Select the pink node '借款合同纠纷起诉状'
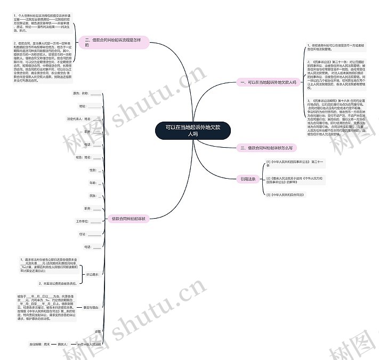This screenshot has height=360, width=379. pyautogui.click(x=128, y=219)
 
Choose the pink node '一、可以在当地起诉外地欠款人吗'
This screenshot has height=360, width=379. pyautogui.click(x=267, y=83)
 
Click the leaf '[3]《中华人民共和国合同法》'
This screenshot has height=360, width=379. pyautogui.click(x=285, y=195)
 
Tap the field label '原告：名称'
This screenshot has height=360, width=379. pyautogui.click(x=79, y=93)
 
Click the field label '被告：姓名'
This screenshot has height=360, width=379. pyautogui.click(x=83, y=157)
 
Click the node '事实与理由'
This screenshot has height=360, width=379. pyautogui.click(x=90, y=308)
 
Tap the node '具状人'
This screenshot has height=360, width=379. pyautogui.click(x=62, y=345)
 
